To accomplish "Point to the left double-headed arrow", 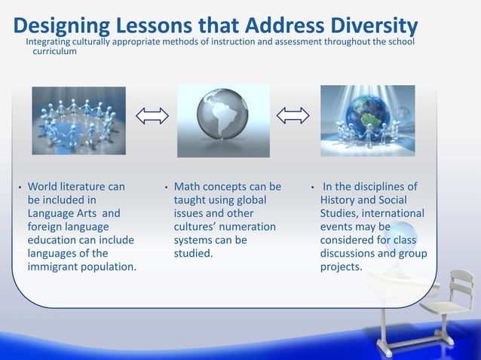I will tap(152, 115).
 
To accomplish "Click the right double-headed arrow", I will tap(293, 115).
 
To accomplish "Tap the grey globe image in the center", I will tap(223, 121).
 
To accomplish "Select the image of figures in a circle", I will tap(78, 121).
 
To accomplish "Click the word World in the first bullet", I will tap(43, 187).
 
